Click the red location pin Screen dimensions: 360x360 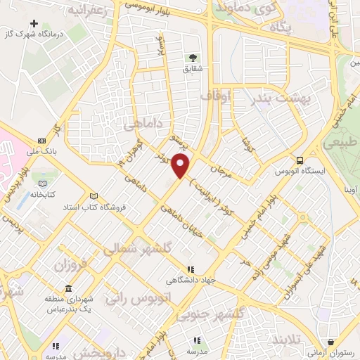(181, 166)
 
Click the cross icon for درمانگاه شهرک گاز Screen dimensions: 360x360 (33, 24)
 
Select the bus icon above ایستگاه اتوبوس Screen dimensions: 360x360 (300, 160)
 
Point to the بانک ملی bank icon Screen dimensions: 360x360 (41, 141)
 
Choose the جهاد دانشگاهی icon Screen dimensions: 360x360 (189, 269)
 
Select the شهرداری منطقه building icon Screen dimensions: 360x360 (68, 289)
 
